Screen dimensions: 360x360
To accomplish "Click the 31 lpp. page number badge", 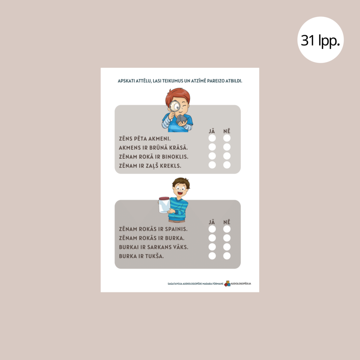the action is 320,40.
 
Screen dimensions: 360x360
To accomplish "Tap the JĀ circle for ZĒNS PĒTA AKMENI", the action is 212,138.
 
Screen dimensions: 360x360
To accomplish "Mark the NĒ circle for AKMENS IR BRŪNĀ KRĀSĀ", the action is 227,147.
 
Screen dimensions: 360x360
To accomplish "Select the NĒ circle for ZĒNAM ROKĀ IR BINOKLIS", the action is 227,156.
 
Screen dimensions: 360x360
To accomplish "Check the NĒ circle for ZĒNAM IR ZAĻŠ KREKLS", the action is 227,165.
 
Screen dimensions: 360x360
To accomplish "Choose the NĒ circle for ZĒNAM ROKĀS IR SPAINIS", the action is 227,229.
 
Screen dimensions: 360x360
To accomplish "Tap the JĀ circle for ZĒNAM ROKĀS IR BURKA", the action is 212,238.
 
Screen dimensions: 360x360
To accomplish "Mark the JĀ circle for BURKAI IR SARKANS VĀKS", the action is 212,247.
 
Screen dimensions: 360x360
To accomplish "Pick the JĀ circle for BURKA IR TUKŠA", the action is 212,256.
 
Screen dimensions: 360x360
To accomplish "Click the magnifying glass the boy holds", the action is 175,107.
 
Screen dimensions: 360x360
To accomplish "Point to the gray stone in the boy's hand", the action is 181,119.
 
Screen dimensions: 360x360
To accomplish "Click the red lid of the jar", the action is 164,198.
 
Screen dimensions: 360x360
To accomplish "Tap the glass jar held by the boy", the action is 164,205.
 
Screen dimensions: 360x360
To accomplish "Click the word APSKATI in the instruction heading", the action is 126,81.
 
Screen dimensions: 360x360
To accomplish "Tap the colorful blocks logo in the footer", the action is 227,284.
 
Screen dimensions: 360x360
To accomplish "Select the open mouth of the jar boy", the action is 180,193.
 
